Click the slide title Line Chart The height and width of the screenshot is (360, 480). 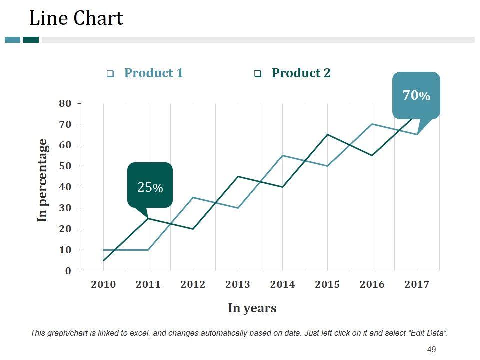(x=76, y=18)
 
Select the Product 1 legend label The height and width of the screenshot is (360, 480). (x=153, y=73)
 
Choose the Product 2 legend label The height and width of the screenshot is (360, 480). (x=301, y=73)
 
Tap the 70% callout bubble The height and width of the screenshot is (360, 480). (x=416, y=95)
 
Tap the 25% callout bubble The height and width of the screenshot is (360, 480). (x=150, y=187)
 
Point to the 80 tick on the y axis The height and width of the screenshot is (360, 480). (x=66, y=103)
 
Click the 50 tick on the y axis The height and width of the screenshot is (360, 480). (x=66, y=166)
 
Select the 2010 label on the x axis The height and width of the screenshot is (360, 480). (x=103, y=284)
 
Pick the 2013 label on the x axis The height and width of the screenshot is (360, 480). (x=238, y=284)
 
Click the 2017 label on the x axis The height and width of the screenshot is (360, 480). (x=417, y=284)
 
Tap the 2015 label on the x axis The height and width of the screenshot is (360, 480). (x=327, y=284)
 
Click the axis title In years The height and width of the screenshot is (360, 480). (x=252, y=308)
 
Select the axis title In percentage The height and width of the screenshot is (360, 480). (x=43, y=180)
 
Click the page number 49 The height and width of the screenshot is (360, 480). (x=432, y=349)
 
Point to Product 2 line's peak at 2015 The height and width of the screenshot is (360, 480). (x=327, y=134)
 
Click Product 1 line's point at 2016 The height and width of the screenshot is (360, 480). (x=372, y=124)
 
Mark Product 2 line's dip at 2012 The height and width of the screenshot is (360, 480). (x=193, y=229)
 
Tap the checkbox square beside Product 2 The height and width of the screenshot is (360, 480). (x=258, y=74)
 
